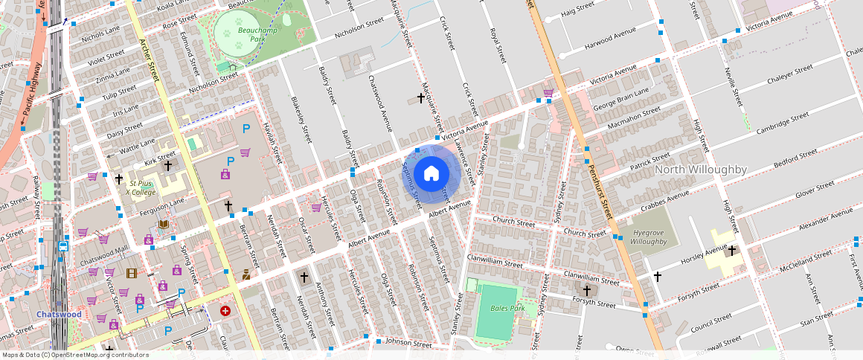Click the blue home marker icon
[431, 174]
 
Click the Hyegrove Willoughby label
[648, 237]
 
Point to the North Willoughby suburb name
[701, 170]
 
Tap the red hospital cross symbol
[225, 310]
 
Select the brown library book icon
[163, 225]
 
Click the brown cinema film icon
[132, 274]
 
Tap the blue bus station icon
[63, 245]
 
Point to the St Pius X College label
[141, 187]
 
